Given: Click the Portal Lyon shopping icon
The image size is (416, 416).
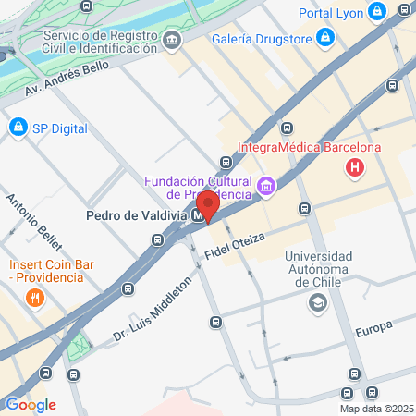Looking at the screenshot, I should point(376,13).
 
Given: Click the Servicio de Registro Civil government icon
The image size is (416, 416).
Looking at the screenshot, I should point(172,41).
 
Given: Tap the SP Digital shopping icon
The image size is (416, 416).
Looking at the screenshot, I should point(17,126).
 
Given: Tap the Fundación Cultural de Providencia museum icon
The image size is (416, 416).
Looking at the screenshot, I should point(266,188).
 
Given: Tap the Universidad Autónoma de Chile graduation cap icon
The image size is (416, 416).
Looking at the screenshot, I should point(317,302).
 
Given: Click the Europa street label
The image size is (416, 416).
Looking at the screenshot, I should point(373,326).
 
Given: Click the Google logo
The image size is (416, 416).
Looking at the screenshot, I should point(31,404).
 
